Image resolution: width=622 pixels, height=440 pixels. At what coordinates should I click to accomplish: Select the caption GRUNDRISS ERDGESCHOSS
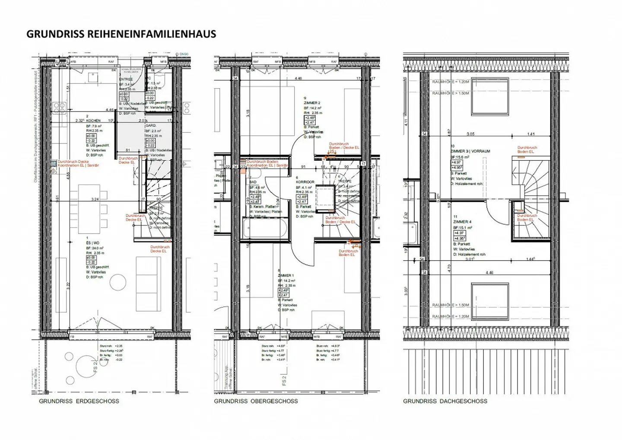[79, 401]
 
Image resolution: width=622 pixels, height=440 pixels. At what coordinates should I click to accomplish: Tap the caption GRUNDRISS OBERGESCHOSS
[256, 401]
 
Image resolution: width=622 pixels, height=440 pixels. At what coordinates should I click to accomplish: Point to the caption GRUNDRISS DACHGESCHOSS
[445, 401]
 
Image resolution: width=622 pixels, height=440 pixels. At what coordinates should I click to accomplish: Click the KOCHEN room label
[93, 121]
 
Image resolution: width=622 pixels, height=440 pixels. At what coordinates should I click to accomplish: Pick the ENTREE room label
[126, 79]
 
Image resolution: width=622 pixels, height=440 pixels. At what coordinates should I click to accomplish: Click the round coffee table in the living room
[117, 282]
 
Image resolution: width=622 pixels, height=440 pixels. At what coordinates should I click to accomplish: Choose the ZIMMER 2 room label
[312, 103]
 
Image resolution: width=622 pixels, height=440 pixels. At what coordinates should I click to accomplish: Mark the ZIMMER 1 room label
[286, 275]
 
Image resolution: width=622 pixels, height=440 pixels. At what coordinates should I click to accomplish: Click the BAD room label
[253, 182]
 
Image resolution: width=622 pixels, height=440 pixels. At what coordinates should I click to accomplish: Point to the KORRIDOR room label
[305, 182]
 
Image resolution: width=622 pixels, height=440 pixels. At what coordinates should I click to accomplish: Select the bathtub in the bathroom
[266, 229]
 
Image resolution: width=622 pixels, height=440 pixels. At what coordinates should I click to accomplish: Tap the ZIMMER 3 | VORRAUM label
[470, 151]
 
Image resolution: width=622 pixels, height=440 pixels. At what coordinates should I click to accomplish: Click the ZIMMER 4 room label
[462, 222]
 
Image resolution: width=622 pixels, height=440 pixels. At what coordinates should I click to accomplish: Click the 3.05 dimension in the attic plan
[470, 134]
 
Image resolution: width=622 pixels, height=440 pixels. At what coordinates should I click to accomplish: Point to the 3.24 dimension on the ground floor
[95, 199]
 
